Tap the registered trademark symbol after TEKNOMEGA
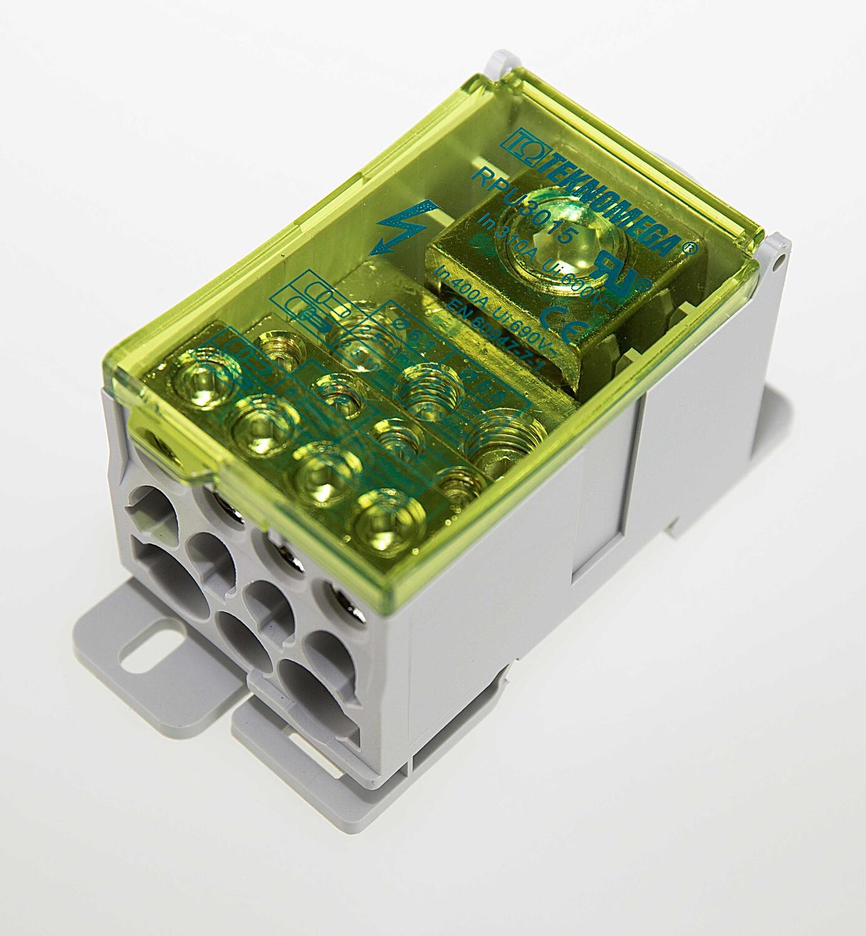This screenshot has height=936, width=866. [x=685, y=246]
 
